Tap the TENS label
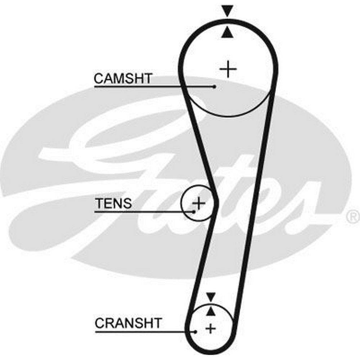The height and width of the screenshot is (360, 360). click(113, 203)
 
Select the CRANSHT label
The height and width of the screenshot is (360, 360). click(129, 323)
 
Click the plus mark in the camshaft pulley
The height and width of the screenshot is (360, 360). click(228, 69)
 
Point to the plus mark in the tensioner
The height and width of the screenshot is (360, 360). click(198, 203)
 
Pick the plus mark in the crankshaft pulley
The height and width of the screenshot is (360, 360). click(210, 328)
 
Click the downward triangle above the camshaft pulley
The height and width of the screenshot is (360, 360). click(228, 10)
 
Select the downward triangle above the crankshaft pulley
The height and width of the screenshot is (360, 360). click(211, 296)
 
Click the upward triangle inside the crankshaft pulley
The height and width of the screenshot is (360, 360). click(211, 311)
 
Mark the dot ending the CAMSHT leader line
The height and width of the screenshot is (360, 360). click(215, 86)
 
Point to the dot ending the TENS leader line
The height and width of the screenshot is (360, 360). click(194, 212)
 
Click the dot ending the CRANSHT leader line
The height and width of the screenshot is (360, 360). click(195, 332)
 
